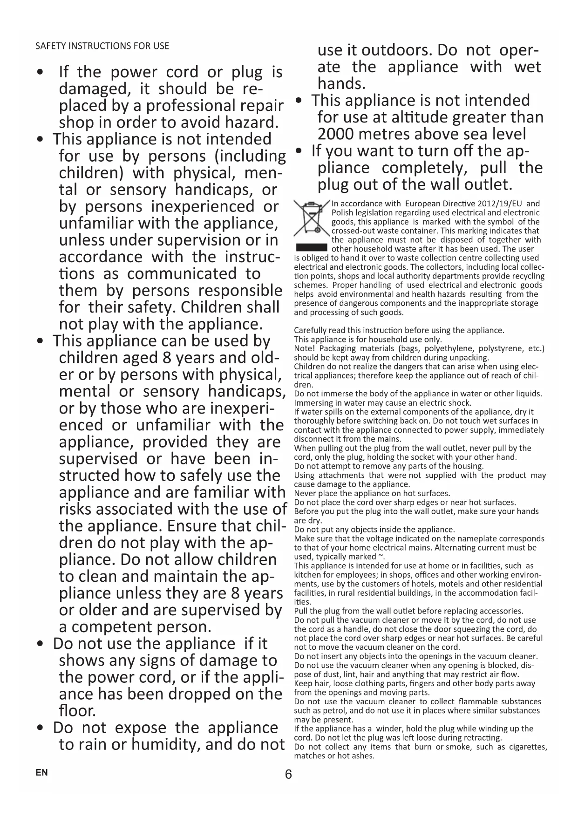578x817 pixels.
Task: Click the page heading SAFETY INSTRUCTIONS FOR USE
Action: (102, 46)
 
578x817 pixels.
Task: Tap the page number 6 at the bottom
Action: (288, 775)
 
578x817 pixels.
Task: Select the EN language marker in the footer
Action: (41, 773)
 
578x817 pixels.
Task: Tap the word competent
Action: (114, 626)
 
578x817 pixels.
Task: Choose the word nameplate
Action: (481, 539)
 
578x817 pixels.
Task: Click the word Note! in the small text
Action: (305, 348)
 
